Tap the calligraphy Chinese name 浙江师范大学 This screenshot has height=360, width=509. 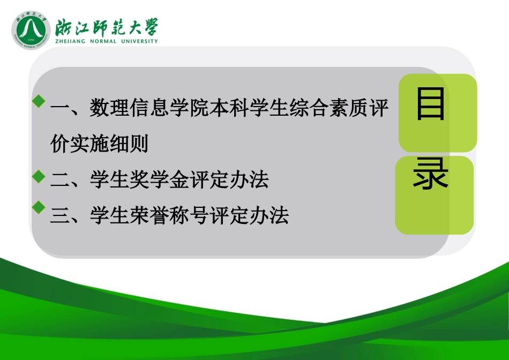(x=106, y=26)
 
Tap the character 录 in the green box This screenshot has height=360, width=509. (x=431, y=175)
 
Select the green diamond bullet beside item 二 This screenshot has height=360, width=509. (x=38, y=175)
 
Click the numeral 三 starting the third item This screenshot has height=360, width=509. (x=59, y=215)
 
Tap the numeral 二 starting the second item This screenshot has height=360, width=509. (x=59, y=181)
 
